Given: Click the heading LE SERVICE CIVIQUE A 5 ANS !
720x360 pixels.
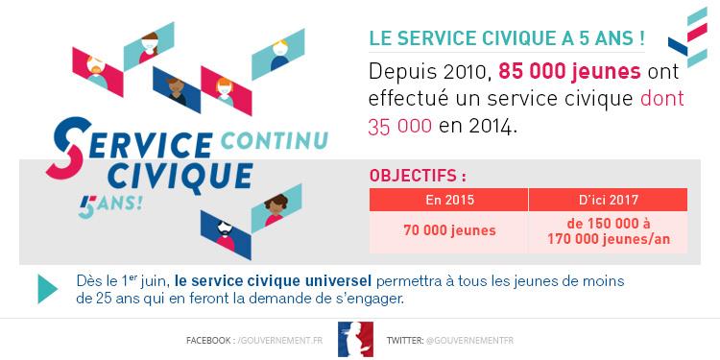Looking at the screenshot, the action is (507, 38).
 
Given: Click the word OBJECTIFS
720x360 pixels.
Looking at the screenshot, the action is (413, 176).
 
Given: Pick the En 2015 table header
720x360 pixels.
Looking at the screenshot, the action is (448, 200).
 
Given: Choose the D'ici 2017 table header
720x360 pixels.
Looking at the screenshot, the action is (608, 200).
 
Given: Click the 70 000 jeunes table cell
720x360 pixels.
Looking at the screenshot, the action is (449, 230).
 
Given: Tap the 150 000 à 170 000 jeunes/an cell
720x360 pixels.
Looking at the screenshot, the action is (608, 231).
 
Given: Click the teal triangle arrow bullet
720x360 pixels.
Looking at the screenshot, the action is (47, 289).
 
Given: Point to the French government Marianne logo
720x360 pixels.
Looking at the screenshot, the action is (355, 339).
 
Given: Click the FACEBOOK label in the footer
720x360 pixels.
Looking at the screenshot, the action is (210, 341).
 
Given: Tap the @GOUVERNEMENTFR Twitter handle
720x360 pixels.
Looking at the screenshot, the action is (469, 341).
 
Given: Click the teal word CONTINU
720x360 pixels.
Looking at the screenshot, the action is (275, 141).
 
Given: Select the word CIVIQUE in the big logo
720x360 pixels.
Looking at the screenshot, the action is (180, 176).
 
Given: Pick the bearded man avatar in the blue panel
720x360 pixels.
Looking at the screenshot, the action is (226, 234).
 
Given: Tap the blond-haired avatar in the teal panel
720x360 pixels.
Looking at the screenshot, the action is (278, 54).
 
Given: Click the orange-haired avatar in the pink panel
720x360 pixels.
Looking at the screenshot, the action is (226, 91).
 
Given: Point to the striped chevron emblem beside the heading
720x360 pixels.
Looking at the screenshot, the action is (687, 36).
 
